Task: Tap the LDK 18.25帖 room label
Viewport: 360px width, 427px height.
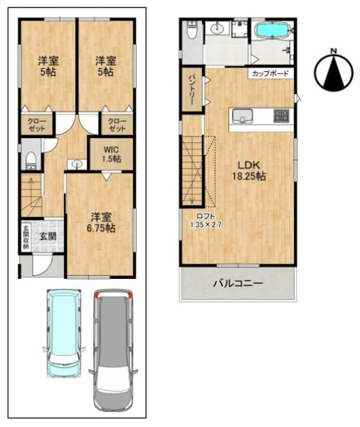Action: (x=249, y=171)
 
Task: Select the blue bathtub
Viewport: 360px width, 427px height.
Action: (x=272, y=30)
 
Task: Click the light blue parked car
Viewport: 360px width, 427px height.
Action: (x=63, y=333)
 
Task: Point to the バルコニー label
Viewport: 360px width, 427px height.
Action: (x=238, y=283)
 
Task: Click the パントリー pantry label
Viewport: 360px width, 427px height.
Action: (x=191, y=89)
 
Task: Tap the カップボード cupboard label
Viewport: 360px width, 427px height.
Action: (x=270, y=73)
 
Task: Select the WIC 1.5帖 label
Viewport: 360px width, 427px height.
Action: (x=112, y=154)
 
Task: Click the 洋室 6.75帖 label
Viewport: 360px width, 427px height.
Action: (x=101, y=223)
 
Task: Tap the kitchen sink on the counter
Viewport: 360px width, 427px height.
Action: (x=242, y=116)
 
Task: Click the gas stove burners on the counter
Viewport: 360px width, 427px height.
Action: (x=282, y=115)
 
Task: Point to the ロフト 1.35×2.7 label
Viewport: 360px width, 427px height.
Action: (x=206, y=221)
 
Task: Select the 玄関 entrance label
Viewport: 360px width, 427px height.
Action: (x=48, y=236)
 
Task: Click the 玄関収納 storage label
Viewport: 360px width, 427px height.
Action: (x=26, y=238)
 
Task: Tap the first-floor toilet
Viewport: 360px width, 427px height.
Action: (x=31, y=161)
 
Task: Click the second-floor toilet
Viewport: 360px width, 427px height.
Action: (x=192, y=30)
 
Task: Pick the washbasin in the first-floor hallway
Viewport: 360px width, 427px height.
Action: (x=77, y=165)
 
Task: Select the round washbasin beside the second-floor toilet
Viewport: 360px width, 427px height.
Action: (x=217, y=28)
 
